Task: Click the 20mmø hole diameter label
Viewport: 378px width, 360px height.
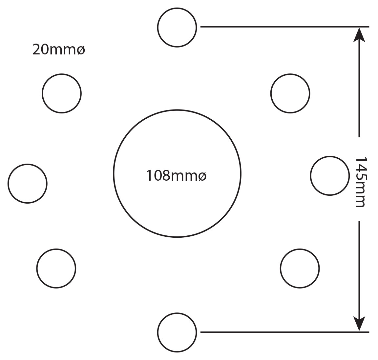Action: coord(59,50)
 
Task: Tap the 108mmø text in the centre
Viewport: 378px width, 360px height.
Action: coord(177,175)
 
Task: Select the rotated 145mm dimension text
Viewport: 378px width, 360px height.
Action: coord(361,182)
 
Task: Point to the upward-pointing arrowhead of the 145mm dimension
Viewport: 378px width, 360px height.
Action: coord(359,35)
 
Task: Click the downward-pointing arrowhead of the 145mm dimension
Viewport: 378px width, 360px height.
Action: coord(359,324)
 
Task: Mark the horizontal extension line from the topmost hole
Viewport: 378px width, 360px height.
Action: coord(285,27)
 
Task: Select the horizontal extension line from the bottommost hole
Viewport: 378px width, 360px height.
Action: coord(285,332)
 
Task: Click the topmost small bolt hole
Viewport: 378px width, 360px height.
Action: coord(177,8)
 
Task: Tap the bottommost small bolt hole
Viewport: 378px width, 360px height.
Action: coord(177,313)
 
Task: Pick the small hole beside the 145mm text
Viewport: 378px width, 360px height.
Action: coord(329,156)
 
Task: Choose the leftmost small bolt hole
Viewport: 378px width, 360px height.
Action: coord(28,164)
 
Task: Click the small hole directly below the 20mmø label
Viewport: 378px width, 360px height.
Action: coord(62,74)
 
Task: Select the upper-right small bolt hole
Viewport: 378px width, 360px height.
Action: coord(290,74)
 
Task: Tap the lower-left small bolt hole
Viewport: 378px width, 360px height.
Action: coord(56,249)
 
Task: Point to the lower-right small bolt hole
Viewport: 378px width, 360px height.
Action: coord(300,249)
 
